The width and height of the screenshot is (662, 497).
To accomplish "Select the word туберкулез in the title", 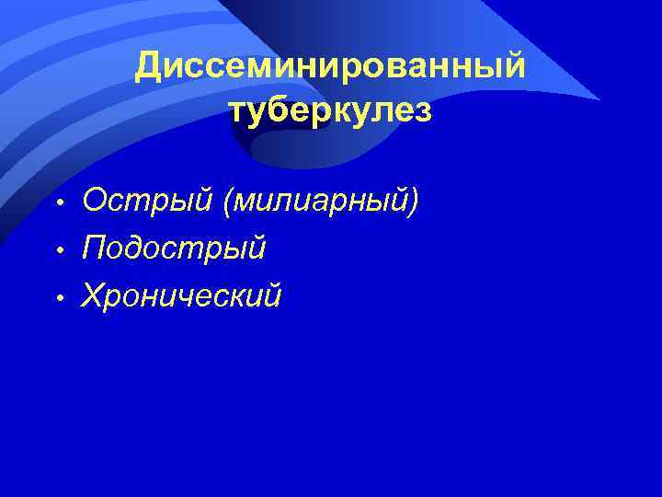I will point(329,110).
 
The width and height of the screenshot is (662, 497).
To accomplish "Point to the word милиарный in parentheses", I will point(320,200).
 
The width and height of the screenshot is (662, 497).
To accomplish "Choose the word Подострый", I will point(174,248).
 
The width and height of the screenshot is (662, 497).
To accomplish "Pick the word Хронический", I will point(181,296).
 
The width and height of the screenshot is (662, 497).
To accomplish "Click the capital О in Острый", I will point(94,200).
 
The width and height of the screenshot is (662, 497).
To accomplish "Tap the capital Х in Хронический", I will point(94,296).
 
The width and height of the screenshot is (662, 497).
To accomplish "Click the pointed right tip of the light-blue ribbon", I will point(599,99).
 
